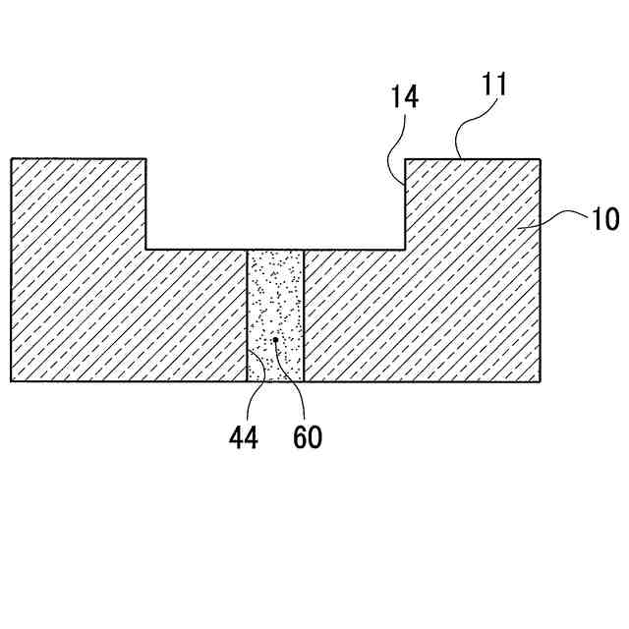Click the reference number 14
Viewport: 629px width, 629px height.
404,96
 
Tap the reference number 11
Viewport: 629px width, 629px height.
493,84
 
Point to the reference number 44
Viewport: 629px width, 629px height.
243,437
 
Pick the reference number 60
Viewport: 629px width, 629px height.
307,437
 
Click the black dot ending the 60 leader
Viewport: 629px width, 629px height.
276,341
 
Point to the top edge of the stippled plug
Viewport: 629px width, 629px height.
276,250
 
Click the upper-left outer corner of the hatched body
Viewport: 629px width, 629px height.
12,159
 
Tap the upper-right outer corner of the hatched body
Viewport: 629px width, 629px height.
541,159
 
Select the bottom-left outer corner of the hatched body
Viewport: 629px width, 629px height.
12,381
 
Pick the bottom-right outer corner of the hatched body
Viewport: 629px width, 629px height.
541,381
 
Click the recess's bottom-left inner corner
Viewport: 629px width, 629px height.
146,250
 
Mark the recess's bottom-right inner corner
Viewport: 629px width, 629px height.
406,250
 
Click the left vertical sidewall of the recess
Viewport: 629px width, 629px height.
146,204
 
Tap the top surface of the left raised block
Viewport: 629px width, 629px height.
79,159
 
